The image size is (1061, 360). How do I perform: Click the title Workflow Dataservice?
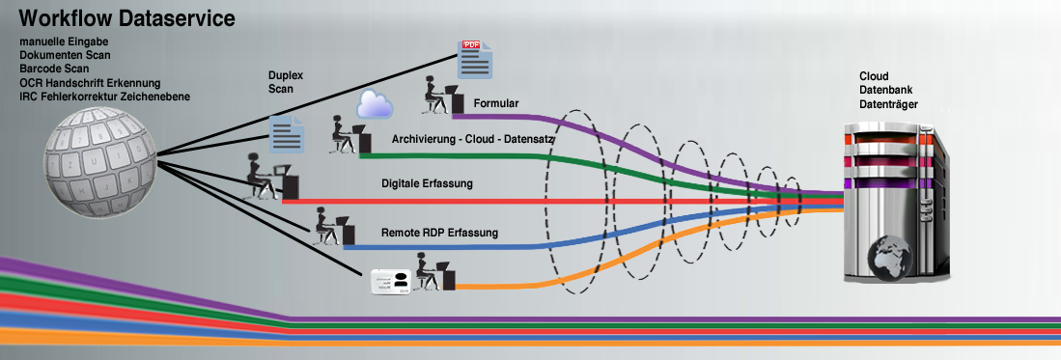(126, 17)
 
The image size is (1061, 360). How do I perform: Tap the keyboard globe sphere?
(100, 156)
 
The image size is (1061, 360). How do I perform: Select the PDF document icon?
(475, 60)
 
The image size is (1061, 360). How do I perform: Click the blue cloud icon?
(373, 103)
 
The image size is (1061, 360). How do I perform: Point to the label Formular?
(496, 102)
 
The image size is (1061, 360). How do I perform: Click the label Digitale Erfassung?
(428, 182)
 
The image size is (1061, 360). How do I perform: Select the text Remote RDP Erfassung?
(439, 233)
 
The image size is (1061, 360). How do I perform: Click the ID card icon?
(392, 281)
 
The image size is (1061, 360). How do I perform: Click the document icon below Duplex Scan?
(287, 133)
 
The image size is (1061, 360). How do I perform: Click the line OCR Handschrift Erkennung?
(90, 83)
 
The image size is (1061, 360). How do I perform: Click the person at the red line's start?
(261, 178)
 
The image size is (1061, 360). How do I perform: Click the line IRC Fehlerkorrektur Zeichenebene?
(104, 97)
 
